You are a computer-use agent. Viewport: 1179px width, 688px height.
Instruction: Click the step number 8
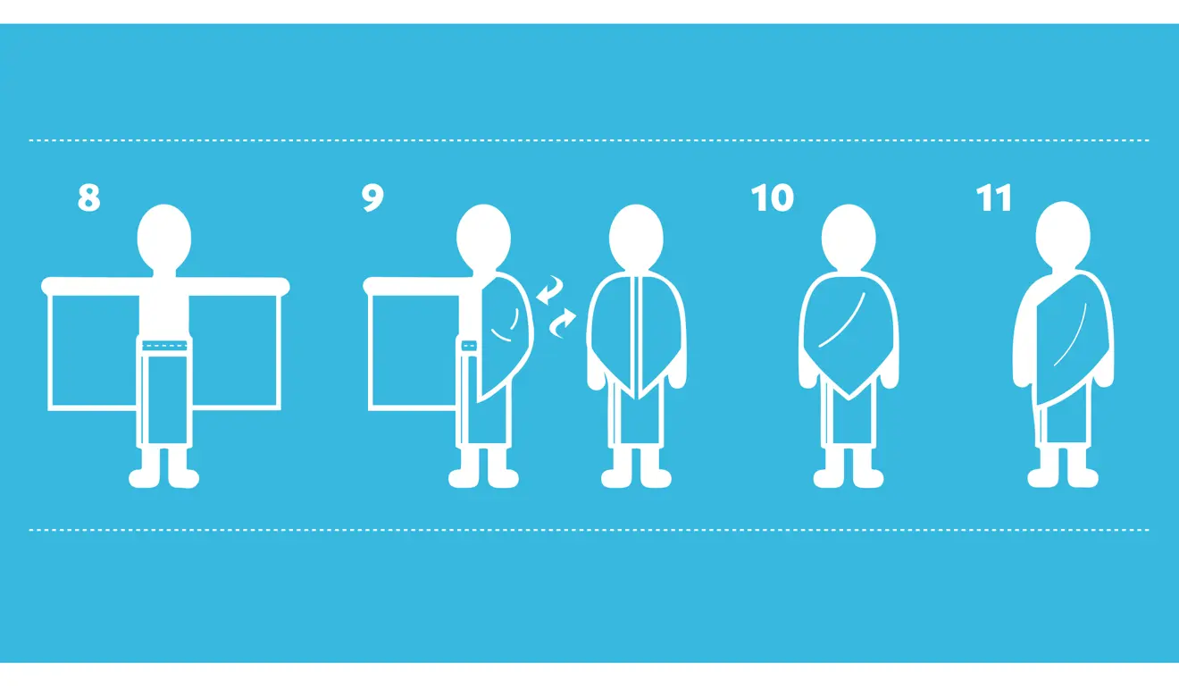coord(88,197)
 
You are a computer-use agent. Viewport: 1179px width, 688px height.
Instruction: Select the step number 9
coord(372,197)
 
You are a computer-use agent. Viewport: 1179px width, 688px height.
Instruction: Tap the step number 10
coord(772,197)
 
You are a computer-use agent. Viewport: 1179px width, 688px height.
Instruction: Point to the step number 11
coord(993,197)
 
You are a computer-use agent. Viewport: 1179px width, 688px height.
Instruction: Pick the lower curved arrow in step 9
coord(563,323)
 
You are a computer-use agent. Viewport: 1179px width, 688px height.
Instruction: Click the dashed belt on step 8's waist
coord(164,346)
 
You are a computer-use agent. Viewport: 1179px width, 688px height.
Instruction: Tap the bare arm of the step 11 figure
coord(1028,340)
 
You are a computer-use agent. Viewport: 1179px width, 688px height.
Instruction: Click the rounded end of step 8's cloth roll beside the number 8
coord(49,286)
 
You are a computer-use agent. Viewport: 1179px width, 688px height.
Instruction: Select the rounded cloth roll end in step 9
coord(371,286)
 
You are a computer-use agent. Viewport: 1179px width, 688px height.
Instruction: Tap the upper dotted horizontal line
coord(589,140)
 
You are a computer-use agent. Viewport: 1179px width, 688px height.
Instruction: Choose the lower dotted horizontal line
coord(589,530)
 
